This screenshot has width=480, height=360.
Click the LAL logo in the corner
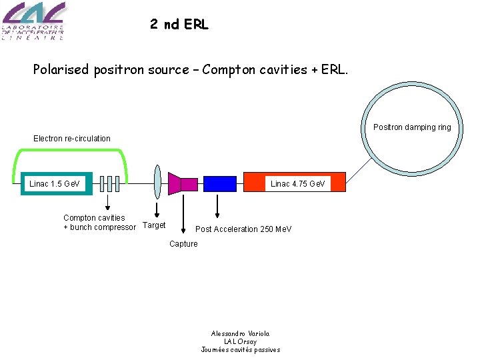point(33,21)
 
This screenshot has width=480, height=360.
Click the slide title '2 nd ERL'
point(179,25)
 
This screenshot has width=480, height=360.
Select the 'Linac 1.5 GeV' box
point(55,183)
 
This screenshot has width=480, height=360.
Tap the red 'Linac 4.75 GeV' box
point(296,183)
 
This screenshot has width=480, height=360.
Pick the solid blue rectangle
point(219,183)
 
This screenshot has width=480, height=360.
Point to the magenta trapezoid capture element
point(175,184)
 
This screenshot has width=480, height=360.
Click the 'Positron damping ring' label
point(411,127)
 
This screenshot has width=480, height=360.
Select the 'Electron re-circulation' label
point(72,139)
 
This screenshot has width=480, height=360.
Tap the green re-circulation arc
point(70,151)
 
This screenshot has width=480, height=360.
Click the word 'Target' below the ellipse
point(154,225)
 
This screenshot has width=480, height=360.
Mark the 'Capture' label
point(183,244)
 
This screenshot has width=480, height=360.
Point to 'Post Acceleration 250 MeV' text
point(243,229)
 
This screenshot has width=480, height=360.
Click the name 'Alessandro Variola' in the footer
point(240,333)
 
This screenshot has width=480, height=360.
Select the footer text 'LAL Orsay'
point(240,341)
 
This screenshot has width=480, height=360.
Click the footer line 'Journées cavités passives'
point(240,350)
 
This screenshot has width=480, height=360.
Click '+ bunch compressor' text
point(99,227)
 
